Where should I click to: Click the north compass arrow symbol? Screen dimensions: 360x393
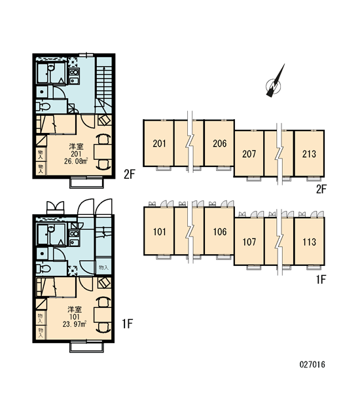tap(275, 83)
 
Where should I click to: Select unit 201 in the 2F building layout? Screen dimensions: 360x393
tap(158, 143)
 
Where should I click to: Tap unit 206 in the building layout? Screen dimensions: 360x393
tap(219, 143)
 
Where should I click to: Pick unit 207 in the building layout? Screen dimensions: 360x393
tap(249, 154)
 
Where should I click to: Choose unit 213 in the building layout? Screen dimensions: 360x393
tap(309, 154)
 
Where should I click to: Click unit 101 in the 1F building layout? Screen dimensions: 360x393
tap(159, 231)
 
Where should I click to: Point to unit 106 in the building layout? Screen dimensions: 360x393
tap(219, 231)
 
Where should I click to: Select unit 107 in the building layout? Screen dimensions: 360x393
tap(249, 242)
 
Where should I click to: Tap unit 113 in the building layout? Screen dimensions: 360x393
tap(309, 242)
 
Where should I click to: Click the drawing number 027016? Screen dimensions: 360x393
tap(312, 364)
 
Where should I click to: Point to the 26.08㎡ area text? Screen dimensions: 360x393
tap(76, 161)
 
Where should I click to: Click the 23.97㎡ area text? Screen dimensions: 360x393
tap(75, 324)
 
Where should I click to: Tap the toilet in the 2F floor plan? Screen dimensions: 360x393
tap(43, 107)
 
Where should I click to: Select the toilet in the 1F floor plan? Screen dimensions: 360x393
tap(43, 269)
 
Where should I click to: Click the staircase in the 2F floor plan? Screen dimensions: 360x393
tap(103, 85)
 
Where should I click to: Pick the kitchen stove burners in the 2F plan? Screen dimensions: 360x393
tap(74, 72)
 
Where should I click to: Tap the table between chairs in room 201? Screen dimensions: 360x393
tap(103, 151)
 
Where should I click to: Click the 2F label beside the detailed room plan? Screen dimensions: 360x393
tap(130, 174)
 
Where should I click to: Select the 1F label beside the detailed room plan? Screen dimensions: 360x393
tap(127, 324)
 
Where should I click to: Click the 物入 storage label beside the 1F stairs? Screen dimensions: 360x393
tap(103, 267)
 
